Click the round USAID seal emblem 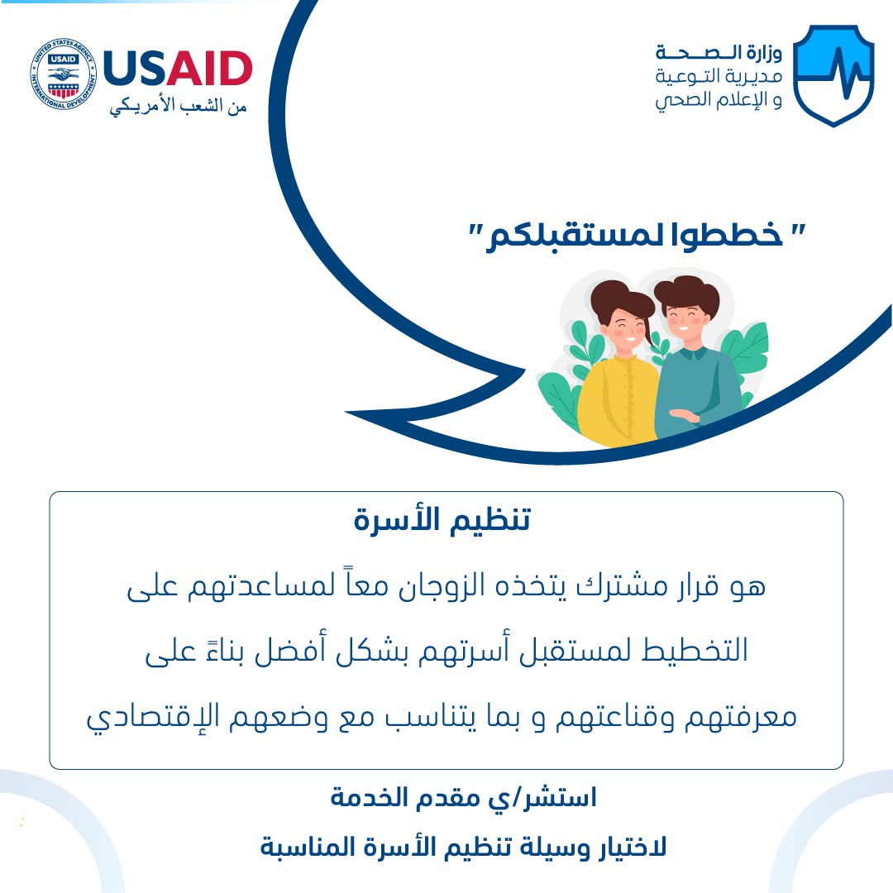pyautogui.click(x=63, y=74)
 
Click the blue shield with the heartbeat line pyautogui.click(x=833, y=75)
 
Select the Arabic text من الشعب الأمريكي pyautogui.click(x=179, y=107)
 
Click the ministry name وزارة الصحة pyautogui.click(x=719, y=53)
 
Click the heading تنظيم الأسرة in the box pyautogui.click(x=442, y=519)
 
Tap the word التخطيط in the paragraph pyautogui.click(x=695, y=651)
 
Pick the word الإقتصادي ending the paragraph pyautogui.click(x=153, y=717)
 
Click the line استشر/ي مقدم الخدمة pyautogui.click(x=463, y=798)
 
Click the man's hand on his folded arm pyautogui.click(x=684, y=416)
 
